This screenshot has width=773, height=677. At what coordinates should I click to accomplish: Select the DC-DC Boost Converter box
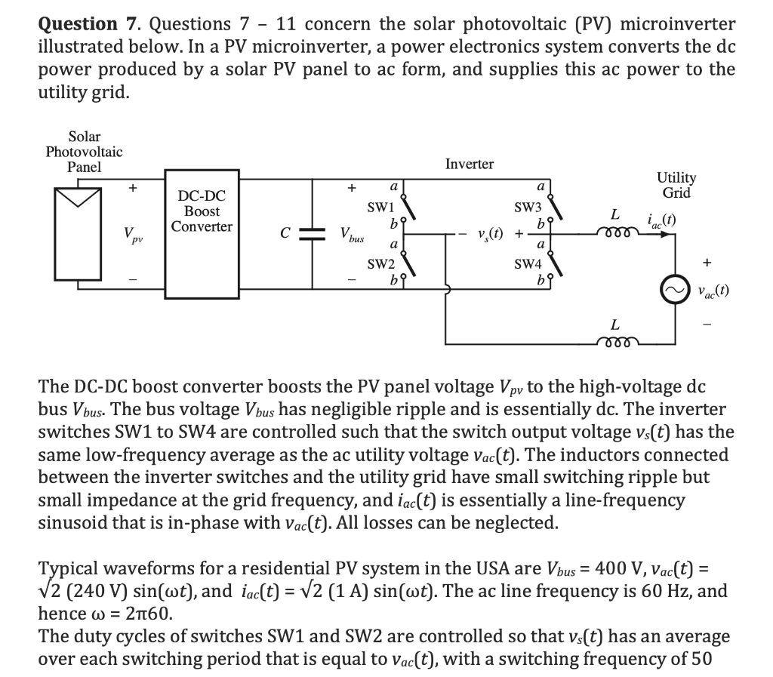202,235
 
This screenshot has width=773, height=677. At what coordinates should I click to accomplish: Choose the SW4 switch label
528,264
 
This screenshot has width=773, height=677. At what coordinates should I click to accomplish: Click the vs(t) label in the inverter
492,233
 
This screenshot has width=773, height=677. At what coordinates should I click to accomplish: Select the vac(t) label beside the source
712,292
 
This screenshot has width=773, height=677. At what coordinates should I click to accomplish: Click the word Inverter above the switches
469,164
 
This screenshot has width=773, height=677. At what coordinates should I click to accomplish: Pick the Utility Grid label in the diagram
676,185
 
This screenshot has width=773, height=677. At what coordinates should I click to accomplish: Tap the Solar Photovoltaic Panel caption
84,152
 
